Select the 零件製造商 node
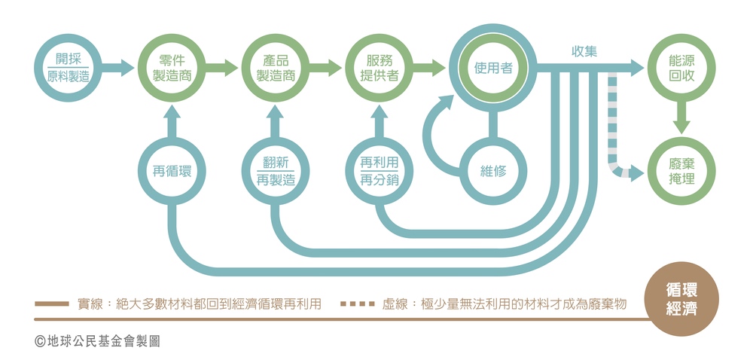click(x=172, y=68)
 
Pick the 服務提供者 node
click(x=379, y=68)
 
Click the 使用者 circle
click(x=493, y=68)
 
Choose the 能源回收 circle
click(x=681, y=68)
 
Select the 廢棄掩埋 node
click(x=681, y=172)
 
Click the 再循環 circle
click(x=172, y=171)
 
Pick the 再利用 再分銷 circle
click(x=379, y=171)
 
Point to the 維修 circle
click(x=493, y=171)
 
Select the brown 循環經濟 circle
click(x=681, y=300)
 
